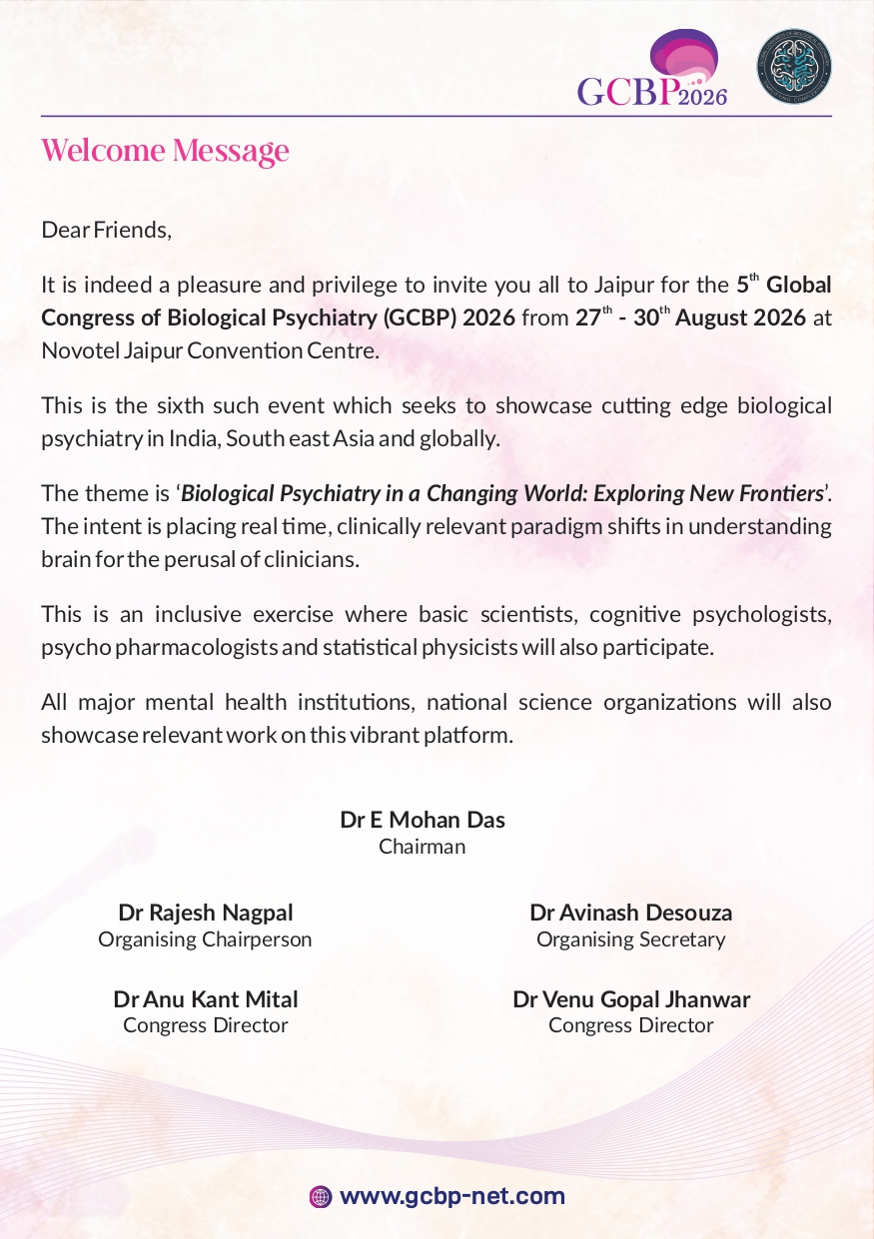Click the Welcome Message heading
(165, 151)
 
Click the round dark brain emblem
(794, 67)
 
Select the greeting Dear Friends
(107, 230)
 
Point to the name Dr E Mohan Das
(423, 820)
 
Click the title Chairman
(423, 847)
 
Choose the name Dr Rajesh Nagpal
(206, 912)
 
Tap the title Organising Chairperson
(205, 938)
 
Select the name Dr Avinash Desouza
(631, 912)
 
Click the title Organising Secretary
(631, 938)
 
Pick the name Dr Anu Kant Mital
(206, 998)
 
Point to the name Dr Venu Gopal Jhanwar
(631, 998)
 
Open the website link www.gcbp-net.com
(452, 1196)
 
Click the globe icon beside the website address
(321, 1196)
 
